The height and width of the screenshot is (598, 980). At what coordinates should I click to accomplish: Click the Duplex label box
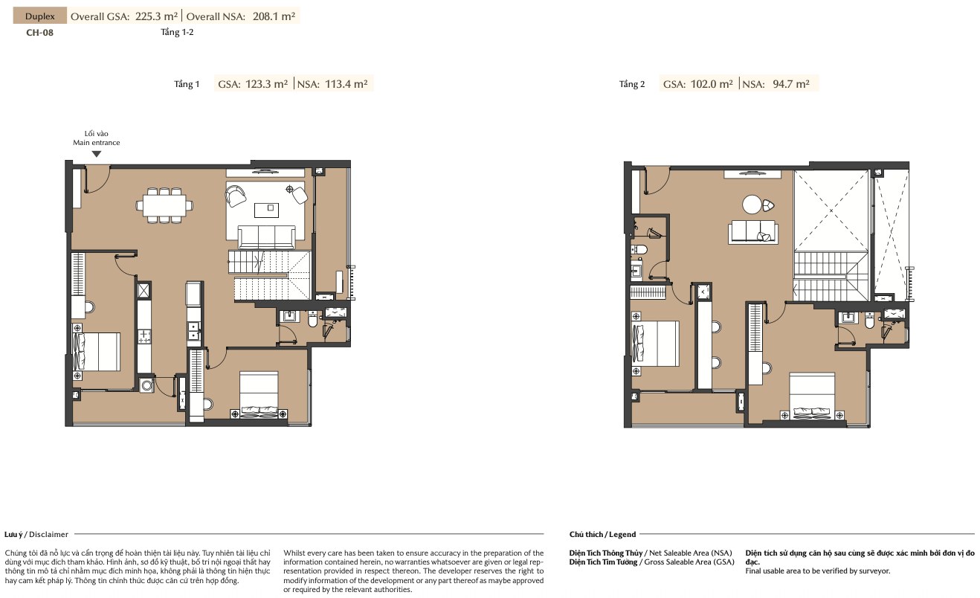click(40, 16)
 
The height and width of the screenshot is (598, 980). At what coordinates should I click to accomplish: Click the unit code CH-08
click(40, 33)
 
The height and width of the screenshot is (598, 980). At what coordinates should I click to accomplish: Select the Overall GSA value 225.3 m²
click(156, 16)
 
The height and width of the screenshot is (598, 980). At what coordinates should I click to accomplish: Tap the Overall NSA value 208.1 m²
click(274, 16)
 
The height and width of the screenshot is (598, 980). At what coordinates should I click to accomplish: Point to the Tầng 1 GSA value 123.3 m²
click(266, 83)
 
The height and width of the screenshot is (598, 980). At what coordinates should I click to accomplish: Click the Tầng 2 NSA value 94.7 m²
click(791, 83)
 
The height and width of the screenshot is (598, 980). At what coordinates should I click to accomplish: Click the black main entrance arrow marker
click(97, 154)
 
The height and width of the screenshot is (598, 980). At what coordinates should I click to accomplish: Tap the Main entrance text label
click(96, 142)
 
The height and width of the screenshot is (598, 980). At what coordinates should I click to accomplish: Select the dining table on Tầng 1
click(164, 205)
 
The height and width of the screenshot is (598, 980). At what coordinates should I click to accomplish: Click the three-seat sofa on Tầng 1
click(266, 237)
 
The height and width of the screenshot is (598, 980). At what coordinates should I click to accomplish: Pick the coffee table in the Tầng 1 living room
click(266, 210)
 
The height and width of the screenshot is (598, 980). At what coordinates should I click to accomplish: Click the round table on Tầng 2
click(752, 205)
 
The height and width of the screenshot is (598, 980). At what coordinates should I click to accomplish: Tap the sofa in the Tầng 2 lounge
click(753, 231)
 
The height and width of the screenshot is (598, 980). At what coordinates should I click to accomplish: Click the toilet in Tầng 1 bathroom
click(313, 320)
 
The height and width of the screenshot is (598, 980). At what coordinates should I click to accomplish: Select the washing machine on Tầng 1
click(146, 385)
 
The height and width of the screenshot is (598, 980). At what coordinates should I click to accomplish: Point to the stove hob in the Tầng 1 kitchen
click(144, 336)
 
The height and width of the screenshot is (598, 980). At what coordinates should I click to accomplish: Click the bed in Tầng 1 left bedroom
click(96, 352)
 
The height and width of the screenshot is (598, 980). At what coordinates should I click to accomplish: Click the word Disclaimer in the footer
click(48, 535)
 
